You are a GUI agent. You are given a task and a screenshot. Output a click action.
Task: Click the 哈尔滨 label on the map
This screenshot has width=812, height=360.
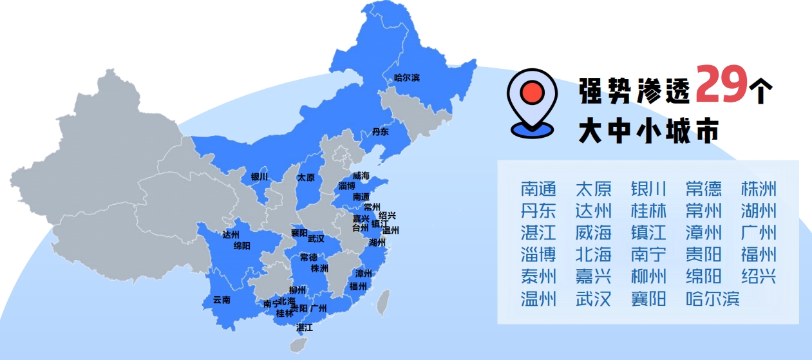coord(406,78)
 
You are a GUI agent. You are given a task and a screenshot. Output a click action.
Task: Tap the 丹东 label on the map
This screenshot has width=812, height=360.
coord(381,132)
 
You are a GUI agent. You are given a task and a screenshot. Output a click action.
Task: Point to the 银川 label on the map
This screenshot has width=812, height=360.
coord(260,176)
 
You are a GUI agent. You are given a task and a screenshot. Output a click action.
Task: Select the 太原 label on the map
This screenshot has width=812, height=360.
coord(306,177)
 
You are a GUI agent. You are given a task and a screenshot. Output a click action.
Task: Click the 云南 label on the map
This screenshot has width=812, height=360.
coord(222,299)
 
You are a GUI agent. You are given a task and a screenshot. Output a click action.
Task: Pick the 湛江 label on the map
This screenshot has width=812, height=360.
coord(304,327)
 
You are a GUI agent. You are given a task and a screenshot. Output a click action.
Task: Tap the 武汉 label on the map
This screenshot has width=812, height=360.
coord(316,238)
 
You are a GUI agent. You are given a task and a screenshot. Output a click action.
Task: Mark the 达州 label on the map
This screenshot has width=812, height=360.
coord(231,234)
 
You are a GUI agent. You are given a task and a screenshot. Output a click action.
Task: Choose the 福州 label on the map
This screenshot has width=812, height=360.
coord(358,286)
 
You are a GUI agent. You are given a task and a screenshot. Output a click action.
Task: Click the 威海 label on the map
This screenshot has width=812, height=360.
coord(361,176)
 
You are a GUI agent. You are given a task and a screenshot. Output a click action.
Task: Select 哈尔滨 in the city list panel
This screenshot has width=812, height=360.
coord(713,299)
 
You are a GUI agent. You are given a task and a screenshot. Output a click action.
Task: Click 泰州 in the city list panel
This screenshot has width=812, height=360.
coord(538,276)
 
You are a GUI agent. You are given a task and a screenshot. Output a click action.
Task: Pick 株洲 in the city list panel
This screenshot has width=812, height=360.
coord(759,189)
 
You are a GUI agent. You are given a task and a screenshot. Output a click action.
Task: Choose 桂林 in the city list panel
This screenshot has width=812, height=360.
coord(648,211)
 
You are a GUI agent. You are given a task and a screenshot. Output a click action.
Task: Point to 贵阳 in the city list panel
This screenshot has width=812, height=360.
coord(704,254)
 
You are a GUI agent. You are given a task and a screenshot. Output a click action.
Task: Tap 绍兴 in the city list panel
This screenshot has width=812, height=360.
coord(759,276)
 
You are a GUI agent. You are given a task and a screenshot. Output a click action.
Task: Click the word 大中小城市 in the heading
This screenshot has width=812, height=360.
coord(648,131)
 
